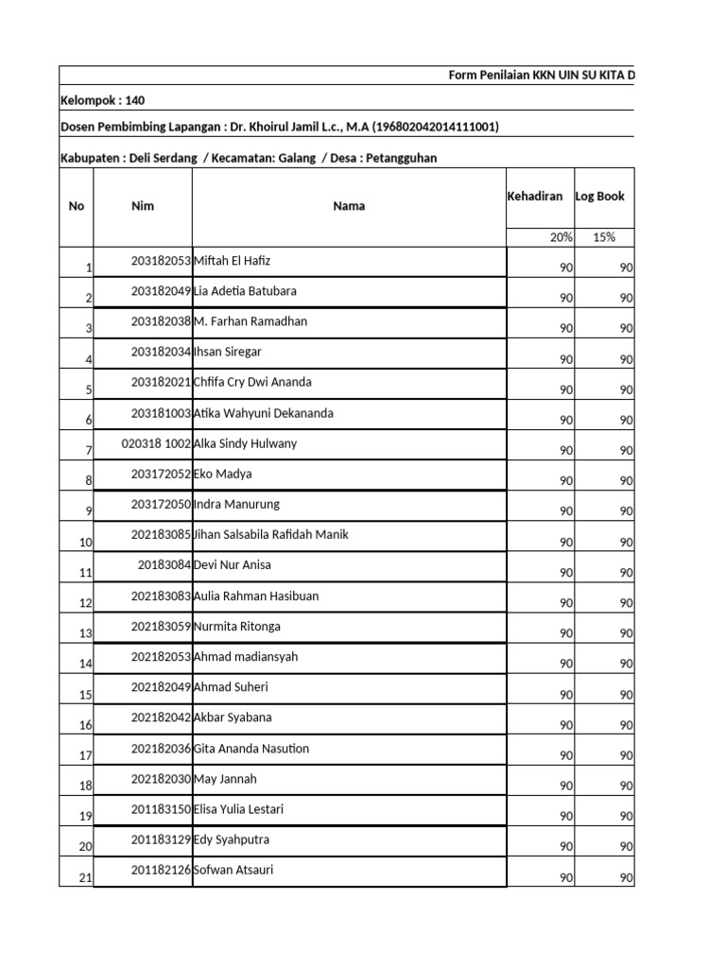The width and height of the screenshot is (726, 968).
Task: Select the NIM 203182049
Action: pyautogui.click(x=161, y=291)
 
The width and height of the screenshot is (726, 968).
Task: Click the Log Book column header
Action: pyautogui.click(x=599, y=196)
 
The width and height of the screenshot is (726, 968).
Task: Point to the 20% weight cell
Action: pyautogui.click(x=561, y=237)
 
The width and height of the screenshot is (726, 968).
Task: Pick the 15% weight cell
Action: pyautogui.click(x=604, y=237)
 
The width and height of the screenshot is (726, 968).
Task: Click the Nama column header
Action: pyautogui.click(x=349, y=206)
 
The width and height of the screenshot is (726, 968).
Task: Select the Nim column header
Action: pyautogui.click(x=143, y=206)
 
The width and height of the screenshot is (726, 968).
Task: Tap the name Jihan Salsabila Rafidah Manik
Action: pyautogui.click(x=271, y=535)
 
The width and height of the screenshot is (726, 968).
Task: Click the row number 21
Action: pyautogui.click(x=85, y=878)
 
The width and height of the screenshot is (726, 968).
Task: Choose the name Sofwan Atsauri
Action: pyautogui.click(x=233, y=870)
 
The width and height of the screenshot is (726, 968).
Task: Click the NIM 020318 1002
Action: pyautogui.click(x=157, y=443)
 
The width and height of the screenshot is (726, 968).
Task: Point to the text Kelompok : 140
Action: pyautogui.click(x=103, y=100)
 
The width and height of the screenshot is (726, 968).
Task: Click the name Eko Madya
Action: pyautogui.click(x=223, y=474)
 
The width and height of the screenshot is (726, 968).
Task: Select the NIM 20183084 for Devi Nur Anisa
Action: pyautogui.click(x=164, y=565)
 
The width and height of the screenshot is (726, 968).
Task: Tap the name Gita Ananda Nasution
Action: pyautogui.click(x=251, y=749)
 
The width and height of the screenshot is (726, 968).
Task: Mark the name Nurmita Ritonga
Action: pyautogui.click(x=237, y=627)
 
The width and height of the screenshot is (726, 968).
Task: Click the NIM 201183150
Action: pyautogui.click(x=161, y=809)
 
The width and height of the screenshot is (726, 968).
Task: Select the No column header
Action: pyautogui.click(x=77, y=206)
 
